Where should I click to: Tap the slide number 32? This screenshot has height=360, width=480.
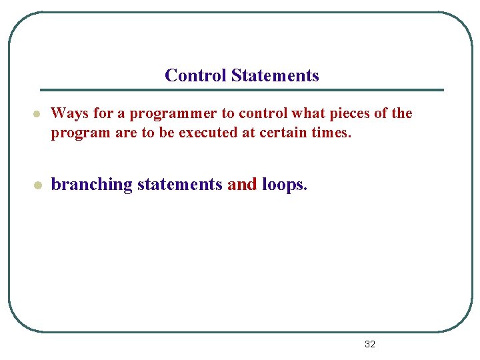tap(370, 344)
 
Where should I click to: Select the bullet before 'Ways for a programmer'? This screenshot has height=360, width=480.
tap(38, 114)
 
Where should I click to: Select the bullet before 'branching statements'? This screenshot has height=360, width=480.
tap(38, 185)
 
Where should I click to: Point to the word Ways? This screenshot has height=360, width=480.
tap(67, 113)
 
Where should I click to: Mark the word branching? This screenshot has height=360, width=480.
tap(92, 185)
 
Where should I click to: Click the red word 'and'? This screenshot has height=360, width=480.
tap(242, 185)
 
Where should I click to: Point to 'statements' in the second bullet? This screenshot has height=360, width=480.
tap(179, 185)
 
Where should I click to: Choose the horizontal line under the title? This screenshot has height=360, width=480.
tap(241, 90)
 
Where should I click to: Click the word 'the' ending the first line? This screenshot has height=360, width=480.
tap(401, 113)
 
